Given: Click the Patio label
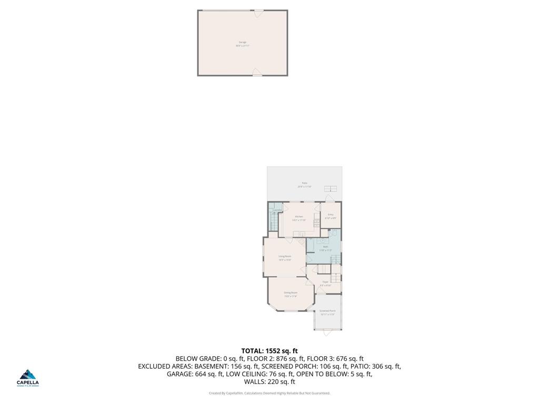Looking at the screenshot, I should [304, 185].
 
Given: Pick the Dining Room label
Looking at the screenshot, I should [291, 294].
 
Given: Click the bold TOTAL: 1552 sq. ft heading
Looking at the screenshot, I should [269, 351].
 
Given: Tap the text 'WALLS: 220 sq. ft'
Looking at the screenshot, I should [269, 382].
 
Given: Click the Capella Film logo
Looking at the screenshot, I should [28, 378].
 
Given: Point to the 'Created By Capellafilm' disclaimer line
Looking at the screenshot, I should [269, 393].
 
